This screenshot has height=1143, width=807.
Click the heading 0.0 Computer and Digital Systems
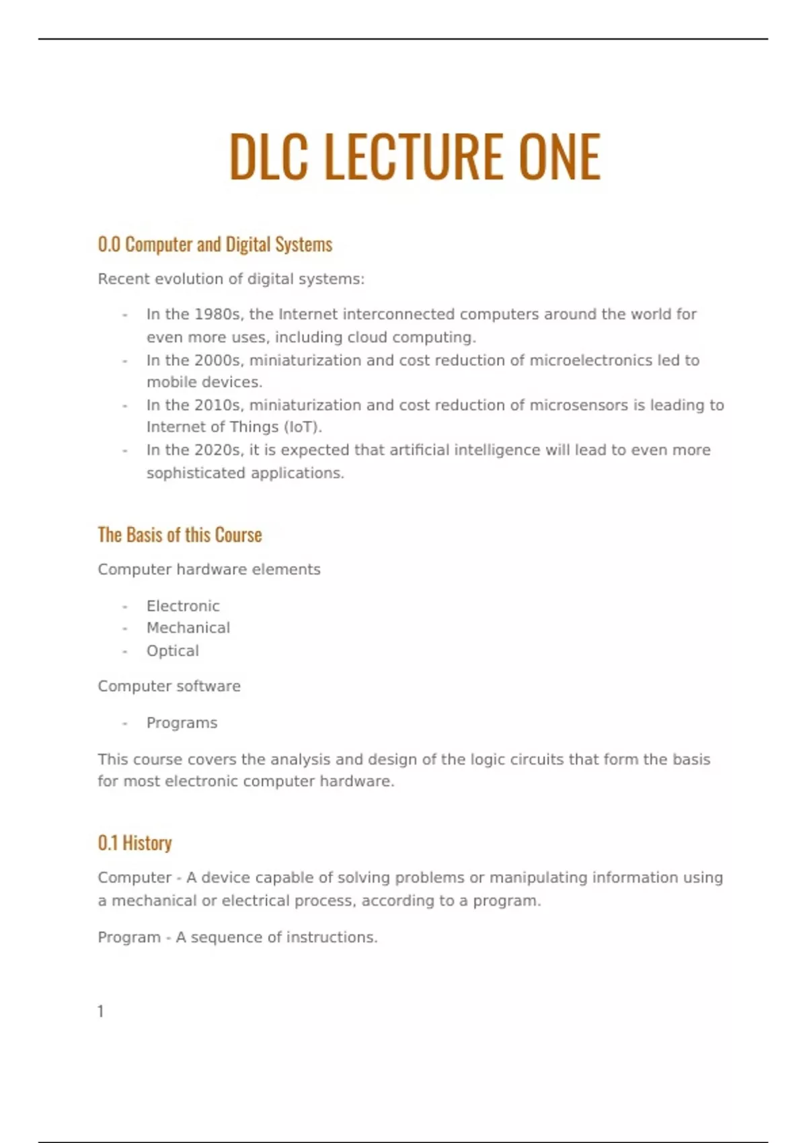point(215,245)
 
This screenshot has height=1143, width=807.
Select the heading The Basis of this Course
point(180,535)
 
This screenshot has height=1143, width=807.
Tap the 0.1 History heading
point(134,843)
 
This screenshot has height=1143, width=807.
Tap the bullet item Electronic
point(183,606)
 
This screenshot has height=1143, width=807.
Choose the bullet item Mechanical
point(188,628)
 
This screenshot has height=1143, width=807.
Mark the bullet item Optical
point(173,651)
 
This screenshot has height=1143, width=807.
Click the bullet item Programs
point(182,723)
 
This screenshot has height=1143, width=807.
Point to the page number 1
point(101,1011)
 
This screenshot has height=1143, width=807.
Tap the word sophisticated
point(196,473)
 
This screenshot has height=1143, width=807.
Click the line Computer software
point(169,686)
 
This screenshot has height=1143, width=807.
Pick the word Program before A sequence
point(129,937)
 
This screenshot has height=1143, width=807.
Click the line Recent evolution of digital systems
point(231,279)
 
